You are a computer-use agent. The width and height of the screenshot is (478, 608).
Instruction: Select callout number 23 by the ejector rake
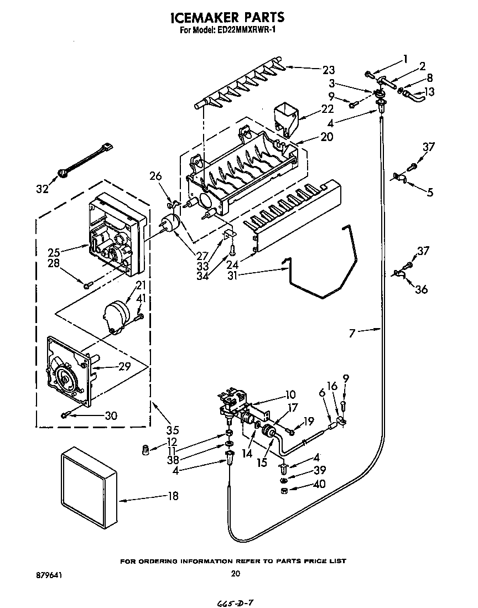329,70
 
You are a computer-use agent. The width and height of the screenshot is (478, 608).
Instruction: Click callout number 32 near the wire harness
43,188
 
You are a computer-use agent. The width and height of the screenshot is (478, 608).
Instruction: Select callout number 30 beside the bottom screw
111,416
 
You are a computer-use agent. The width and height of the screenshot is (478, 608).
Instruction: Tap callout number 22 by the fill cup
328,108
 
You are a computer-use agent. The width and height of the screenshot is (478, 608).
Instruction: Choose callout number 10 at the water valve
290,394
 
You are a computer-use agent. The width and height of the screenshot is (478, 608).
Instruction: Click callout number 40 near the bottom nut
319,485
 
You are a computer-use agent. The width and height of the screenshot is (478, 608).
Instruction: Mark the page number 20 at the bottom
235,574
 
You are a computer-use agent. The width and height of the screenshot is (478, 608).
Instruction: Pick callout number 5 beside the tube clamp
430,192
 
